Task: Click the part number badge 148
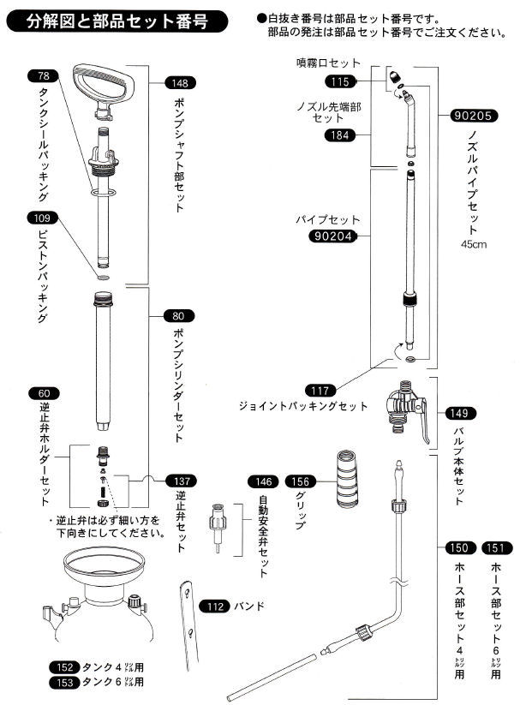[181, 84]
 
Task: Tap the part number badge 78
[44, 75]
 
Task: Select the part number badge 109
[44, 218]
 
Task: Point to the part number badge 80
[181, 314]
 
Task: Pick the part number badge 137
[181, 481]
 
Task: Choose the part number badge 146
[266, 481]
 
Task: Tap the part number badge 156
[302, 481]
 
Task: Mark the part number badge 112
[217, 606]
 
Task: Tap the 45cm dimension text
[473, 244]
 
